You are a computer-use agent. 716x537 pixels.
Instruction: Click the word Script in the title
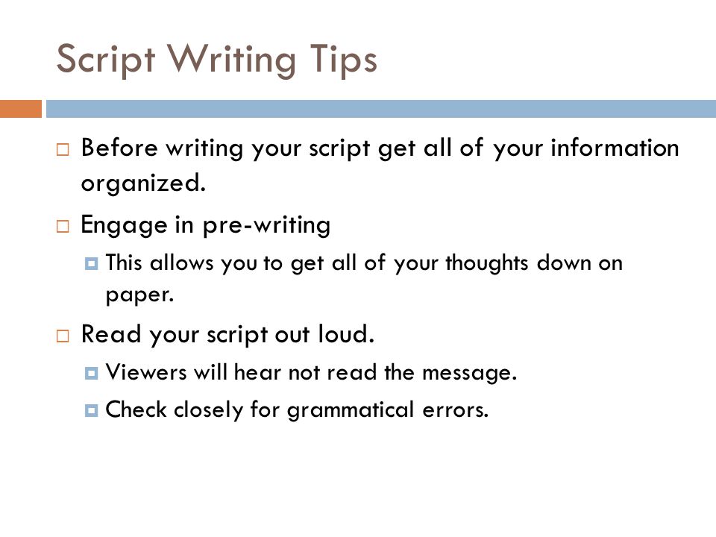click(x=105, y=60)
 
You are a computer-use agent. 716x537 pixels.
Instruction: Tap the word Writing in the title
click(x=231, y=60)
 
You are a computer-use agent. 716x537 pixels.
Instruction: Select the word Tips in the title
click(x=343, y=60)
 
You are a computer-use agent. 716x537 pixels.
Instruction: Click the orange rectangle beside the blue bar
click(x=21, y=109)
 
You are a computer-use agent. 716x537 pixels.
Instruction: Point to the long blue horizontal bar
click(x=381, y=109)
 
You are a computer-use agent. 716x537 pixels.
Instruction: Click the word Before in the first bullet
click(x=119, y=148)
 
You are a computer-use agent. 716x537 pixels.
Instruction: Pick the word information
click(x=615, y=148)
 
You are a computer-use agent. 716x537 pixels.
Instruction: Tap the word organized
click(x=143, y=183)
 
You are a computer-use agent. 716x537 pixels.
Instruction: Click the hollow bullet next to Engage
click(x=63, y=226)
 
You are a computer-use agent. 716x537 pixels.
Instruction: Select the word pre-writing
click(x=267, y=225)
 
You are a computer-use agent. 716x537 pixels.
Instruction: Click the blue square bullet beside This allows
click(x=91, y=263)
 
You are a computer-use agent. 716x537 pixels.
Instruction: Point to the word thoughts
click(x=487, y=263)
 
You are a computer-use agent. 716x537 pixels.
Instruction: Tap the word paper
click(x=139, y=295)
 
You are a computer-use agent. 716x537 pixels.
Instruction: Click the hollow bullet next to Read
click(x=63, y=336)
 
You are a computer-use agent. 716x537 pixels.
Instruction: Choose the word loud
click(x=346, y=333)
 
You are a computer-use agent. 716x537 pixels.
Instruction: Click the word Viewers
click(x=146, y=371)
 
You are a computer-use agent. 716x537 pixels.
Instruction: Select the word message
click(x=469, y=373)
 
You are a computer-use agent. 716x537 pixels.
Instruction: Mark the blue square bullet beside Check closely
click(x=91, y=410)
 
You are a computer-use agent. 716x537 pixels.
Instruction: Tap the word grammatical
click(x=351, y=409)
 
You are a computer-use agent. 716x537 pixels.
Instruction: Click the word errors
click(x=455, y=410)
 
